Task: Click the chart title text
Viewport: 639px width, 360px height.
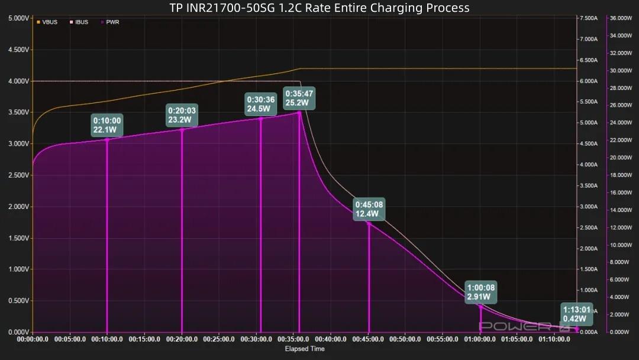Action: (x=319, y=8)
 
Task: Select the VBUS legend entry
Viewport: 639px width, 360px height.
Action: (x=47, y=22)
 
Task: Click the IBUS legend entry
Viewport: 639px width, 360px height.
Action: (x=79, y=22)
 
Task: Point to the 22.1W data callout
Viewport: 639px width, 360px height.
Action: (x=107, y=126)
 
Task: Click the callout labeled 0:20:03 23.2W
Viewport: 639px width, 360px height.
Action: (x=182, y=115)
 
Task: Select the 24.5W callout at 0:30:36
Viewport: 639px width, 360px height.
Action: (x=261, y=104)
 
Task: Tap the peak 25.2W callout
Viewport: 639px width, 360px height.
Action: (x=299, y=98)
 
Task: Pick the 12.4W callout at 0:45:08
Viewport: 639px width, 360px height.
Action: (x=369, y=209)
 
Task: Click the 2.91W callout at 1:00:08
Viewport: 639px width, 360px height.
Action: (x=480, y=291)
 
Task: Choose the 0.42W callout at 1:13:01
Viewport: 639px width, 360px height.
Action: (x=576, y=314)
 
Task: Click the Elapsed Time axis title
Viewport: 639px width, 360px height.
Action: (x=305, y=349)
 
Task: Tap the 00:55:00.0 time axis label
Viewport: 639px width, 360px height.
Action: (x=443, y=340)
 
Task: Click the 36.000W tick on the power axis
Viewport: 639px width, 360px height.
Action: (x=622, y=18)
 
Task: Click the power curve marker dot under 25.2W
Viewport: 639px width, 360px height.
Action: (x=299, y=112)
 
